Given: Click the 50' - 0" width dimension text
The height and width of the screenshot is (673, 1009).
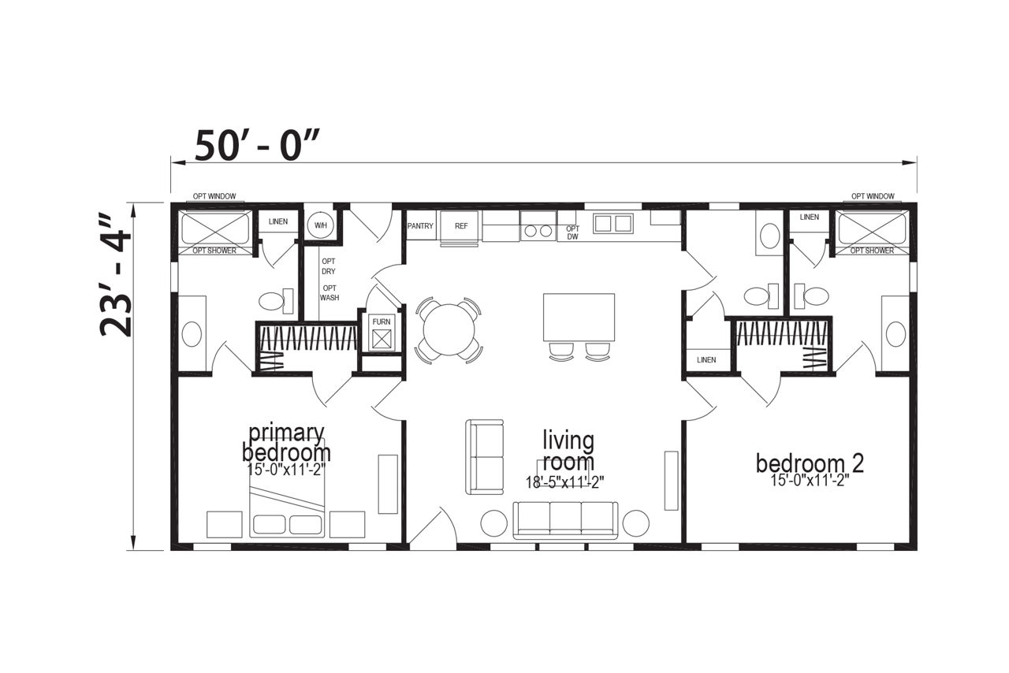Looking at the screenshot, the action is point(258,145).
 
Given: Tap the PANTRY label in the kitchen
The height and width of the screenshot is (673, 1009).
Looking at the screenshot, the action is point(420,225).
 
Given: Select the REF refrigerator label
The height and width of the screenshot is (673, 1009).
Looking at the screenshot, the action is point(461,225).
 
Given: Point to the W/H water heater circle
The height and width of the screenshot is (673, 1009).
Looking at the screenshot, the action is point(321,225).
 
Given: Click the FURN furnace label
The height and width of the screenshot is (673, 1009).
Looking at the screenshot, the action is point(382,322).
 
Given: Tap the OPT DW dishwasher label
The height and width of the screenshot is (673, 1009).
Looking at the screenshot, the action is point(572,232).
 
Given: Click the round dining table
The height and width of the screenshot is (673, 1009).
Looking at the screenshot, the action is point(449,330).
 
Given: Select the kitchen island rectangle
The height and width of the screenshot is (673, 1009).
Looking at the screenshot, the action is point(579,317).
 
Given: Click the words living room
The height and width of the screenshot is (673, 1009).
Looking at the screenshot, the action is point(568,451).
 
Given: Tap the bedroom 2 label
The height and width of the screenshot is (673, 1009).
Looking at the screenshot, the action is point(810,463).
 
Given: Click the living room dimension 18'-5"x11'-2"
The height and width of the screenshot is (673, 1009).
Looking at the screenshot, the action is point(565,482).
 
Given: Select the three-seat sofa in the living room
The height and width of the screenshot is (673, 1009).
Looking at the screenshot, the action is point(565,520).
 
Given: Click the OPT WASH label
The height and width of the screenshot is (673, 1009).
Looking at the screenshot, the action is point(330,293).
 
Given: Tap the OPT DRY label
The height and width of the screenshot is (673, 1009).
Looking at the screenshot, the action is point(329,266).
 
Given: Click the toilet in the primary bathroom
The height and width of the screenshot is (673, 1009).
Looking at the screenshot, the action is point(276,300).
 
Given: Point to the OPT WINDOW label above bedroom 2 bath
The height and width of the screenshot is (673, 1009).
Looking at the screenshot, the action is point(873,196).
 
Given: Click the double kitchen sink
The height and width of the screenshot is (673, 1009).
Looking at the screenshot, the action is point(613,224).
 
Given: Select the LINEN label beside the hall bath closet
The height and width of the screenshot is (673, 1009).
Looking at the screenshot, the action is point(706,360).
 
